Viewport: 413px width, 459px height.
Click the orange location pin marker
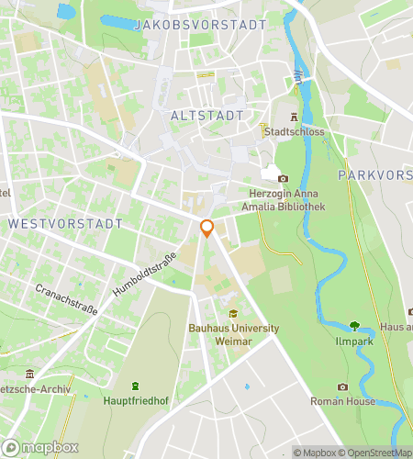pos(207,228)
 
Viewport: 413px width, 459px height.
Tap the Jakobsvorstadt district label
pos(200,25)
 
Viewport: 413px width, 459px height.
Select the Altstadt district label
pos(207,116)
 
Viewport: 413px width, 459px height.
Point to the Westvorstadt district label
pos(64,223)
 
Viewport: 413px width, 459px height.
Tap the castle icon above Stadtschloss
pos(294,118)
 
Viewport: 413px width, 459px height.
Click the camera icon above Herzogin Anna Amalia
pos(283,178)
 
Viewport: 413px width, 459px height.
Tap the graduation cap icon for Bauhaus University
pos(232,313)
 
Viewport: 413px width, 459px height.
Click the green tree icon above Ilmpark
pos(354,324)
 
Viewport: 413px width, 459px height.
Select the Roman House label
pos(342,401)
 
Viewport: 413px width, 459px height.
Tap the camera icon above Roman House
pos(342,387)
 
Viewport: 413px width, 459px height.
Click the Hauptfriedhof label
pos(135,400)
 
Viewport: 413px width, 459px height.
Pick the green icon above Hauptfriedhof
pos(135,386)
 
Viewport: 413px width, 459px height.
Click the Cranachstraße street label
pos(66,298)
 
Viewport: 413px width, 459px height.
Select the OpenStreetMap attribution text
pos(376,452)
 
